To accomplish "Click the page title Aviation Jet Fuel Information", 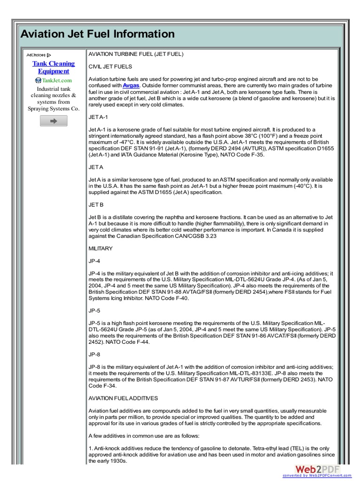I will (97, 34).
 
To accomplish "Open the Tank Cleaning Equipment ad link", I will (54, 67).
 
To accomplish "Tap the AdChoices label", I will (39, 55).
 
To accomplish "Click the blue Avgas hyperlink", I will (131, 85).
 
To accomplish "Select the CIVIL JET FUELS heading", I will (110, 67).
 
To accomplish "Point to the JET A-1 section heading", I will (98, 117).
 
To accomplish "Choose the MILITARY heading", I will (101, 248).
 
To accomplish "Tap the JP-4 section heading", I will (94, 261).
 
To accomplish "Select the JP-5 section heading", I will (94, 310).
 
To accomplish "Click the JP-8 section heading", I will (94, 354).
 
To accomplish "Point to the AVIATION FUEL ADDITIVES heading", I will (123, 398).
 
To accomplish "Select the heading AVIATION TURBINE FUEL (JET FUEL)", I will (136, 54).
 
